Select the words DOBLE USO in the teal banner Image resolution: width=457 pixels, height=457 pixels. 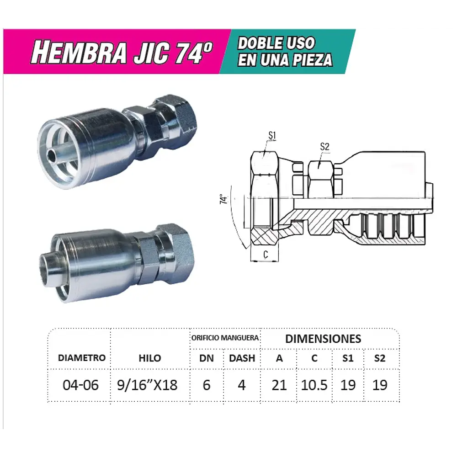tap(276, 43)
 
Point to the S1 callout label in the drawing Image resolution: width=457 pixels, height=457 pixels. tap(272, 135)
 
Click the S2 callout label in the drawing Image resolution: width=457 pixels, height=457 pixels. tap(324, 147)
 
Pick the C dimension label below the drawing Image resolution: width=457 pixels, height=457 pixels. tap(266, 254)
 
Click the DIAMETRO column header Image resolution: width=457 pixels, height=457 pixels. tap(82, 358)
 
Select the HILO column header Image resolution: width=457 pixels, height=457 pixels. tap(150, 358)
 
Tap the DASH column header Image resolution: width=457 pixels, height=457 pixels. tap(242, 358)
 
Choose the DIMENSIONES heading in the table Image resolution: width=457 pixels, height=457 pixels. tap(323, 339)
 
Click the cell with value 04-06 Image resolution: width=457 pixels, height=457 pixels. tap(80, 385)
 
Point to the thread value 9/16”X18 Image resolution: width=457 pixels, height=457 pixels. tap(147, 385)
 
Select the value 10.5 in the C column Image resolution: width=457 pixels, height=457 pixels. tap(314, 385)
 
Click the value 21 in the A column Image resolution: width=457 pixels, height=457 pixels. tap(279, 385)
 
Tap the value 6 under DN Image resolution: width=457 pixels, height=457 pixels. tap(207, 385)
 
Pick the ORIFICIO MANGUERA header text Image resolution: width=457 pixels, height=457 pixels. tap(225, 338)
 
